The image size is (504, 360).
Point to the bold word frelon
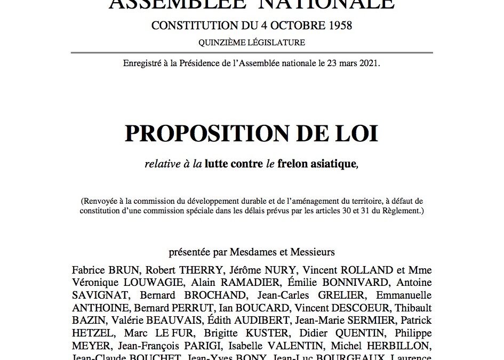(295, 164)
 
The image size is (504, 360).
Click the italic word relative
(162, 164)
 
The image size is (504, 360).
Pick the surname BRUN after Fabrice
(121, 270)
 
